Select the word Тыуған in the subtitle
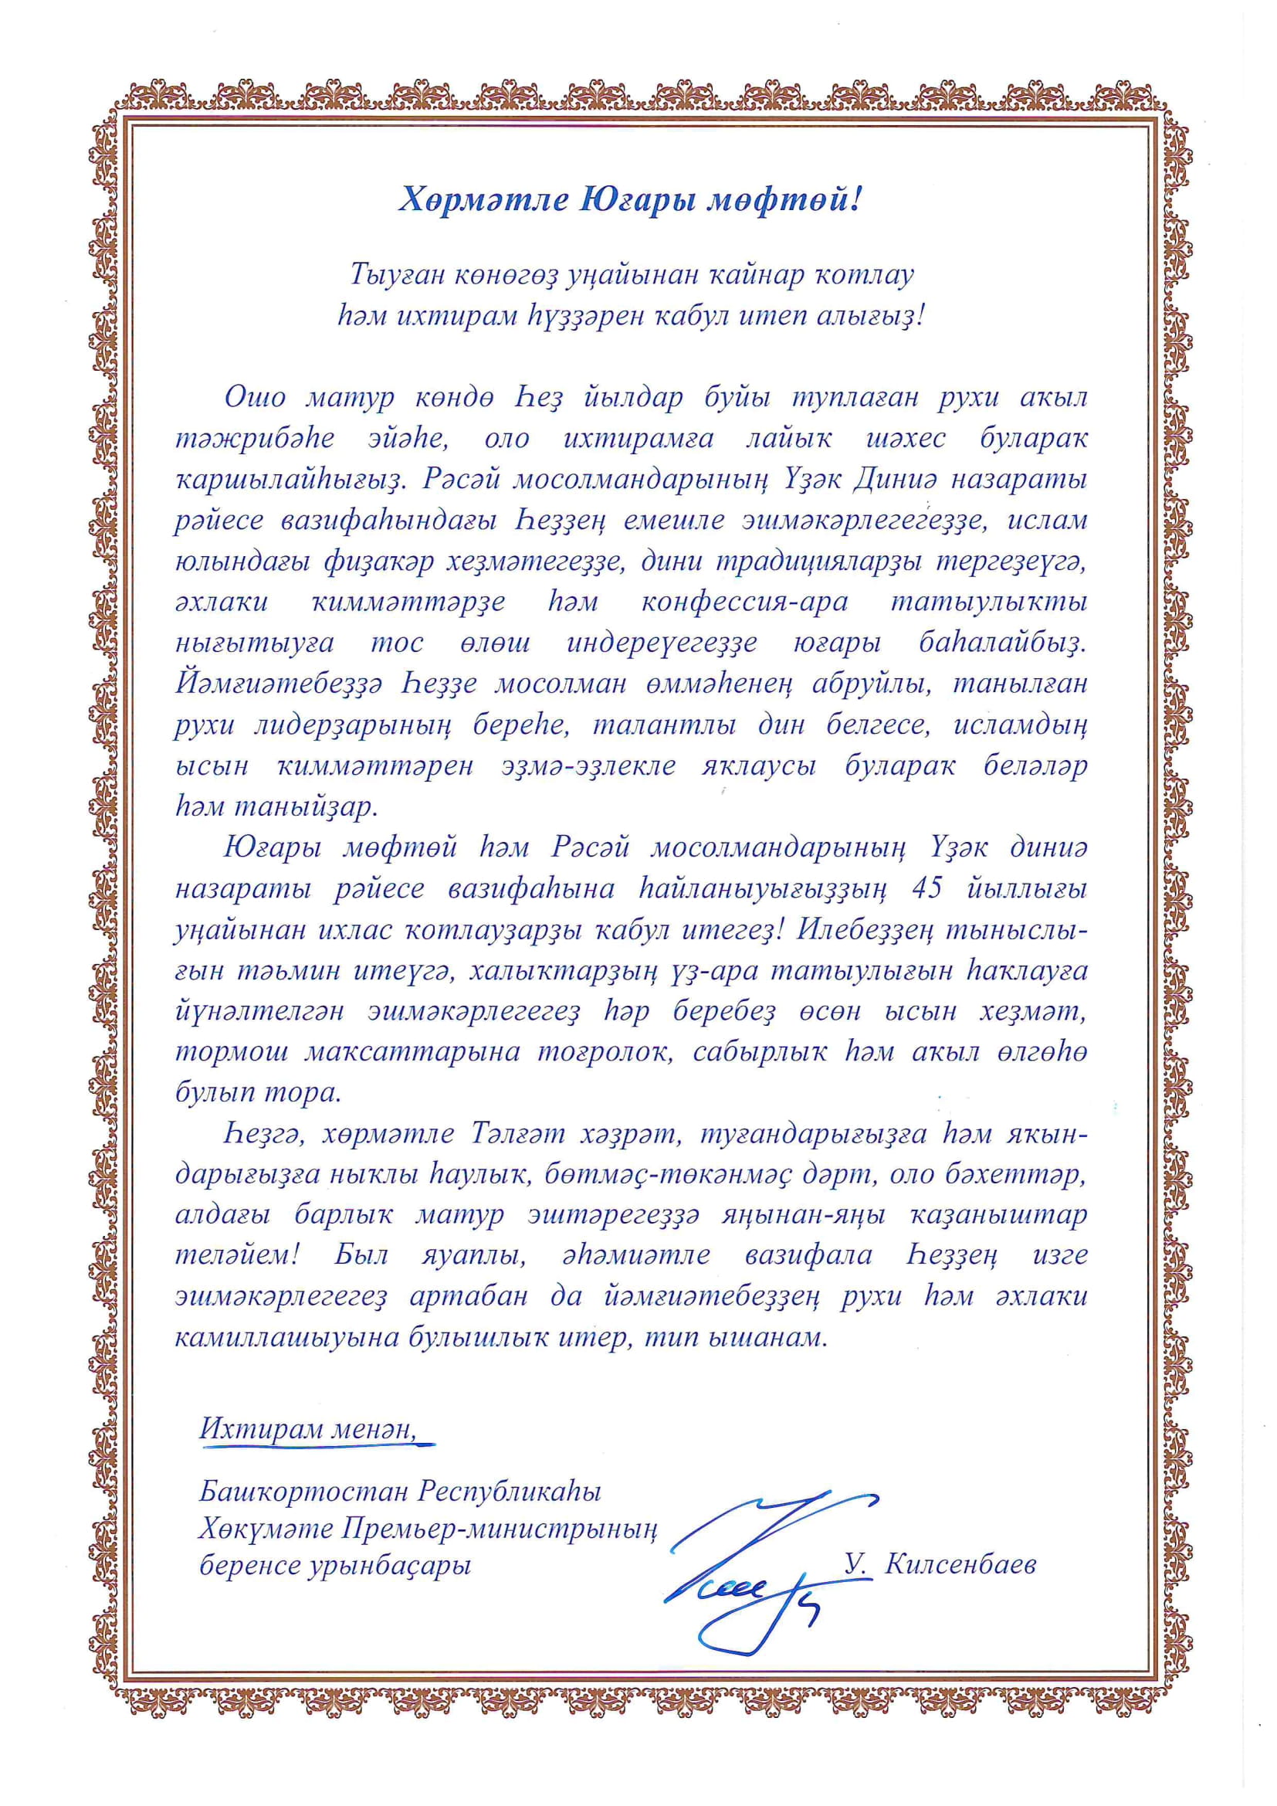(x=399, y=275)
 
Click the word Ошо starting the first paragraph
(x=255, y=398)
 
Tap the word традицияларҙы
(x=811, y=562)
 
